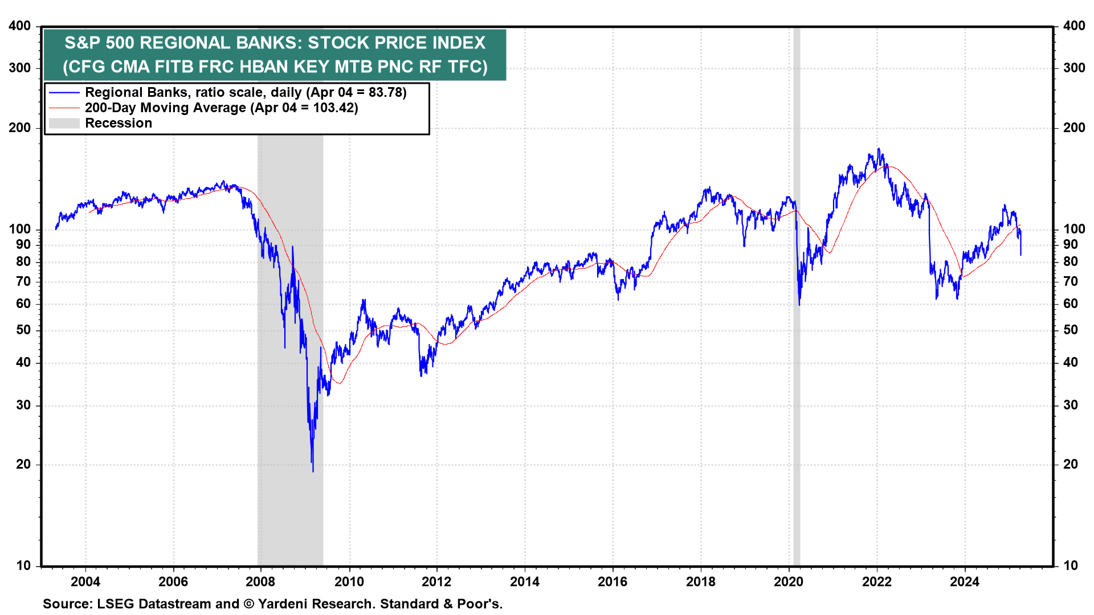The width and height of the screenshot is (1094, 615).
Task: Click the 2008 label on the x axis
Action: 260,581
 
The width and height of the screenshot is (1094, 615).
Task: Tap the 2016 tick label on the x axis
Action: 613,581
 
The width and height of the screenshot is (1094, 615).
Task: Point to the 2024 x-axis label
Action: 964,581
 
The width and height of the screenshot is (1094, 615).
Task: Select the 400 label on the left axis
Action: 20,26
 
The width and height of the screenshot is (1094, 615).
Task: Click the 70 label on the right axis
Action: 1071,282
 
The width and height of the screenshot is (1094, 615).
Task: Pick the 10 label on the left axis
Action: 23,565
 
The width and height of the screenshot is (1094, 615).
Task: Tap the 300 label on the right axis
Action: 1074,68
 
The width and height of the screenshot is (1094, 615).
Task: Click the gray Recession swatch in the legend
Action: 64,123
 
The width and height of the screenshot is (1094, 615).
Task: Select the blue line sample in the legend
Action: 64,92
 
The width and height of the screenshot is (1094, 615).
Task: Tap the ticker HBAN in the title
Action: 264,67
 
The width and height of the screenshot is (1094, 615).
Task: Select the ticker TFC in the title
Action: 466,67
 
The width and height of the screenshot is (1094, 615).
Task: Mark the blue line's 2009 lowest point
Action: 313,471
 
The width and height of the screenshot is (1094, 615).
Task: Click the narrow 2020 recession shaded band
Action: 797,342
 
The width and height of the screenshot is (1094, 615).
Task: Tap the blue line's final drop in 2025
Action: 1020,251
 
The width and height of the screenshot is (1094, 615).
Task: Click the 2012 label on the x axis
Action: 436,581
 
